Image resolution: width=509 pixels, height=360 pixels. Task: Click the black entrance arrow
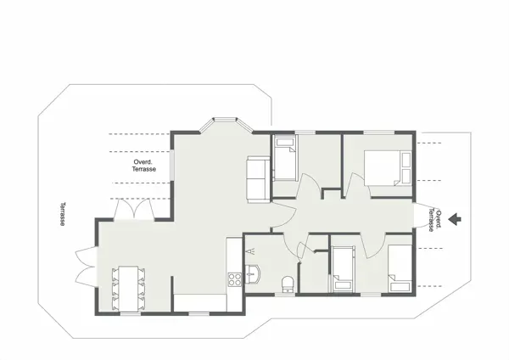click(x=456, y=218)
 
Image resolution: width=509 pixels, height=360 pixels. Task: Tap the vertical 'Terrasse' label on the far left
click(x=64, y=214)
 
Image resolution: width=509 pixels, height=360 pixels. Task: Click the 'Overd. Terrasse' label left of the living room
click(x=144, y=166)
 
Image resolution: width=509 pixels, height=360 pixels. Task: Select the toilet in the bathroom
click(x=288, y=283)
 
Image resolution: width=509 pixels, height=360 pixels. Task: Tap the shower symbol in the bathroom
click(x=252, y=251)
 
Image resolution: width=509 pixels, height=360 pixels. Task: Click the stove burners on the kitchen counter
click(x=233, y=278)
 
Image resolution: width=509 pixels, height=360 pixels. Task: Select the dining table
click(x=129, y=286)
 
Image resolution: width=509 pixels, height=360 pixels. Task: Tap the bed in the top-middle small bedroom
click(x=284, y=160)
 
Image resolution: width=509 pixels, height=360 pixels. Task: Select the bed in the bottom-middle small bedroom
click(x=343, y=270)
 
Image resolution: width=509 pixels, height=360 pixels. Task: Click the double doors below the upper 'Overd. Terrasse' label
click(x=133, y=207)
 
